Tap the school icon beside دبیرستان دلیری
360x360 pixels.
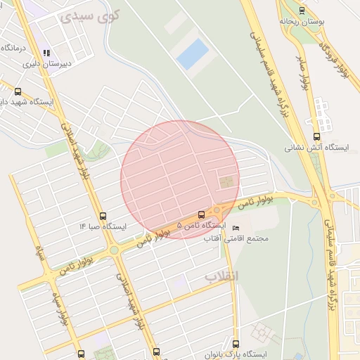(47, 53)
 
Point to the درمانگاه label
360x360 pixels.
(15, 48)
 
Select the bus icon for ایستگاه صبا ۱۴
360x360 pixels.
(104, 217)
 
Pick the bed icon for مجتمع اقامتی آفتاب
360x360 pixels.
(236, 229)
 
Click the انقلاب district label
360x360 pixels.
(221, 276)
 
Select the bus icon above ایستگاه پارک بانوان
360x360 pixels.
(236, 345)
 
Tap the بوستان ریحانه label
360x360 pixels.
(303, 22)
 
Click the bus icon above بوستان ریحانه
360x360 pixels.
(302, 11)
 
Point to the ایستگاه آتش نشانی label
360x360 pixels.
(316, 148)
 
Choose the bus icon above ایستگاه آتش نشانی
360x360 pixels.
(316, 137)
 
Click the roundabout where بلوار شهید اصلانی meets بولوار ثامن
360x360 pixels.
(113, 250)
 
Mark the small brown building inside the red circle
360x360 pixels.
(226, 183)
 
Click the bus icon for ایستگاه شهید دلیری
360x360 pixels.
(18, 91)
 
